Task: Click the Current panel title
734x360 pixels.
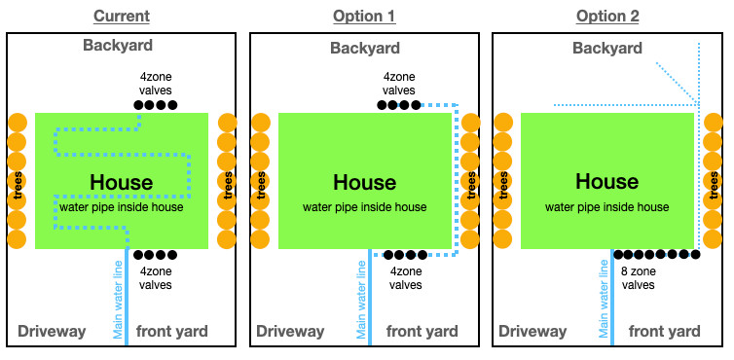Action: click(122, 17)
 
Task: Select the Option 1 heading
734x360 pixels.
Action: click(364, 17)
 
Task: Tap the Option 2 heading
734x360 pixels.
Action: click(606, 17)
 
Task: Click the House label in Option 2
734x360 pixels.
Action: click(606, 182)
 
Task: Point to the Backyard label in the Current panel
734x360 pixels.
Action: click(118, 46)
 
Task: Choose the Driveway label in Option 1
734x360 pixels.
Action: click(289, 332)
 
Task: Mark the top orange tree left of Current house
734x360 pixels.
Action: click(17, 123)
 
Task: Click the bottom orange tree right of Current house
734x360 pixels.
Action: click(228, 239)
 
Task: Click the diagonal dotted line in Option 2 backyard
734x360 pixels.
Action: click(677, 83)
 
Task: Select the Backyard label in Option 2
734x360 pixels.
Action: click(606, 49)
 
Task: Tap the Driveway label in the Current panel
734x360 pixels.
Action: click(52, 332)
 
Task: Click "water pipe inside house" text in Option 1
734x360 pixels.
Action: click(364, 206)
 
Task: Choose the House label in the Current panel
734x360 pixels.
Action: click(121, 182)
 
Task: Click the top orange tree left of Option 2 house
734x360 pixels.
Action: click(502, 123)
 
